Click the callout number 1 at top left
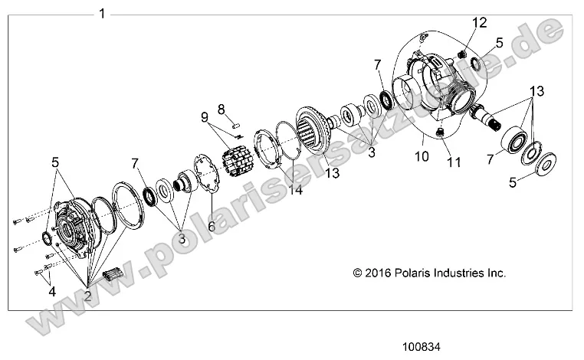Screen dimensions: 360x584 click(103, 13)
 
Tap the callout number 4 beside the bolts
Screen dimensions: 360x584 click(51, 291)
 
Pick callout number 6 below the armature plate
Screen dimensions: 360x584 click(212, 227)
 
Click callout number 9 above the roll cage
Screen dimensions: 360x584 click(205, 118)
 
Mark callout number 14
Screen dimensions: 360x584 click(296, 190)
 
